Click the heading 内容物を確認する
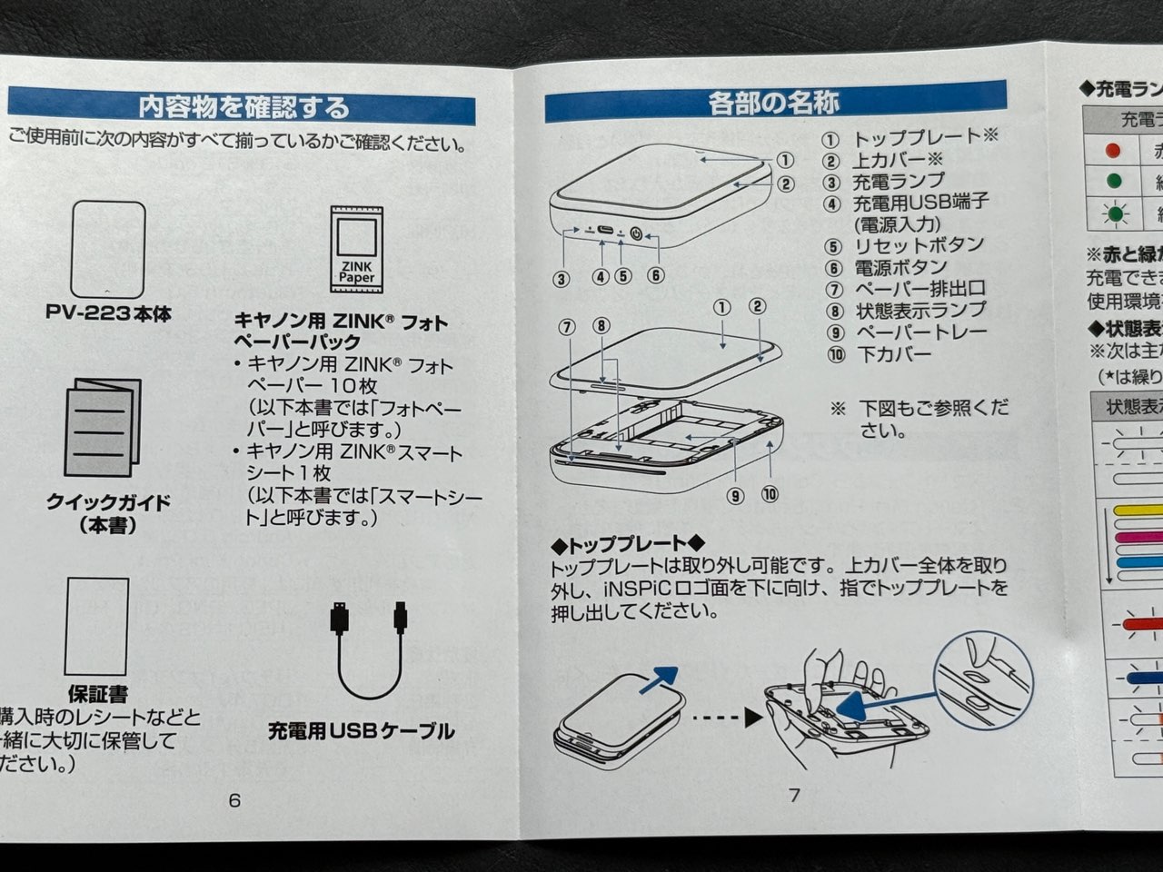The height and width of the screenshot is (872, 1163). pyautogui.click(x=243, y=106)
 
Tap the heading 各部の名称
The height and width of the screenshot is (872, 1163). pyautogui.click(x=773, y=102)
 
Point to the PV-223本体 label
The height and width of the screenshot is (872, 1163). pyautogui.click(x=108, y=313)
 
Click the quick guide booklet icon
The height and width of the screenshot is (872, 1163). pyautogui.click(x=103, y=428)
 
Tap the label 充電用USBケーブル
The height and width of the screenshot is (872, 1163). pyautogui.click(x=361, y=730)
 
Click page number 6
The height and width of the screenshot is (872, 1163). pyautogui.click(x=234, y=799)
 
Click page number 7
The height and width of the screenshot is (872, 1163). pyautogui.click(x=794, y=795)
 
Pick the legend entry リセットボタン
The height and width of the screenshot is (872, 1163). pyautogui.click(x=918, y=245)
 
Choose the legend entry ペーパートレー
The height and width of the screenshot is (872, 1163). pyautogui.click(x=919, y=332)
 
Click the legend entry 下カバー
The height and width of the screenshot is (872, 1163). pyautogui.click(x=893, y=354)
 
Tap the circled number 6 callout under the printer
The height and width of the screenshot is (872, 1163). pyautogui.click(x=655, y=276)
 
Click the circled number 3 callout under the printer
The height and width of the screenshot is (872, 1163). pyautogui.click(x=561, y=279)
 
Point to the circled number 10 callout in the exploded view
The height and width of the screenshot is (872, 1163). pyautogui.click(x=770, y=495)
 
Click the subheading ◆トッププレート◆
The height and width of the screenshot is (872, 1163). pyautogui.click(x=627, y=545)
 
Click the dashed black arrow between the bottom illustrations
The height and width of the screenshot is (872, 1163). pyautogui.click(x=726, y=717)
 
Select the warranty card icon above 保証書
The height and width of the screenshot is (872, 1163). pyautogui.click(x=97, y=626)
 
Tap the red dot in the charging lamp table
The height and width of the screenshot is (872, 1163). pyautogui.click(x=1112, y=151)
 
